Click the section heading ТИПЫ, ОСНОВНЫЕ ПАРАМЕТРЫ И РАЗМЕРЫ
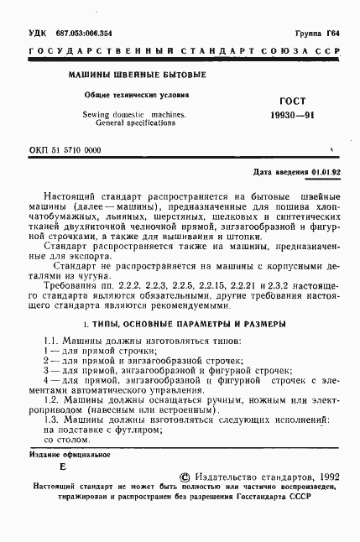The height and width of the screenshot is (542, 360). [x=187, y=323]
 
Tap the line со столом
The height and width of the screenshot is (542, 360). [x=65, y=438]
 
